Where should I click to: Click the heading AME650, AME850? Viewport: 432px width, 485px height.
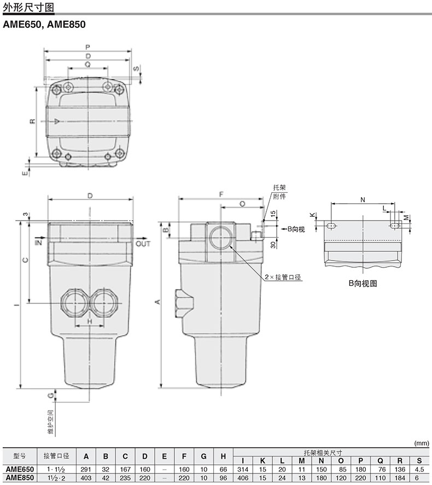[44, 24]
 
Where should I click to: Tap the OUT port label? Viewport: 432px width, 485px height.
[143, 244]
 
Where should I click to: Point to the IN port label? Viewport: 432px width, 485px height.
[39, 242]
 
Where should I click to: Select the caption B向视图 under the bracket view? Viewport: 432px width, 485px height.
[363, 283]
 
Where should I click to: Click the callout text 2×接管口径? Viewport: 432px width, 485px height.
[283, 277]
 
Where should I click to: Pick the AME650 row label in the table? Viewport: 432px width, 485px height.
[20, 469]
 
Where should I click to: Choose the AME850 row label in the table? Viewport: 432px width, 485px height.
[20, 477]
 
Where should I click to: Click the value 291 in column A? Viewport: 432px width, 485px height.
[86, 469]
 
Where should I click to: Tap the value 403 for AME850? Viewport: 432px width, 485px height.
[86, 477]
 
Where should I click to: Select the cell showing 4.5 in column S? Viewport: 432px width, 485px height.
[419, 469]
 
